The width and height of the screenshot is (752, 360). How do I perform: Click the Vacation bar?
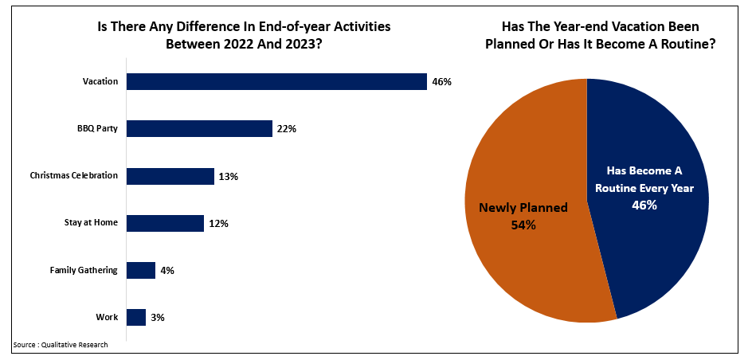276,82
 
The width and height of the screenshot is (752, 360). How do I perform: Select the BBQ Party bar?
199,129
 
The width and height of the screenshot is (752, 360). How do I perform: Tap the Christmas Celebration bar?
170,176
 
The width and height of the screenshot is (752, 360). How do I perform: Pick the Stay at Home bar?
165,223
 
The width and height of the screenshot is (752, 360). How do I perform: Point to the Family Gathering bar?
141,271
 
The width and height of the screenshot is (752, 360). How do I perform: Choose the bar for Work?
136,318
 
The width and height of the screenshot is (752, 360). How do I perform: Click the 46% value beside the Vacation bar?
442,82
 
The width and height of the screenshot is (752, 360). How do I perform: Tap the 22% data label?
287,129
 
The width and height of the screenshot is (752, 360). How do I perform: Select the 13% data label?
229,176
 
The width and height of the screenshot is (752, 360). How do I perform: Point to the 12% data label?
218,224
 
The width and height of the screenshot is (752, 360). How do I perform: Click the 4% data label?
166,271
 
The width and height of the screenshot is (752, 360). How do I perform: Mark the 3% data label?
158,318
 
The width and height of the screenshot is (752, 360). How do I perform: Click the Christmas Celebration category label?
74,175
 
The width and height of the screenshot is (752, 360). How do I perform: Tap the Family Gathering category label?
84,270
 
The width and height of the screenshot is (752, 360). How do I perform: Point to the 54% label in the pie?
523,225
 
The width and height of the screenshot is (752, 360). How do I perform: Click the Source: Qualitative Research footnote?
60,345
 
